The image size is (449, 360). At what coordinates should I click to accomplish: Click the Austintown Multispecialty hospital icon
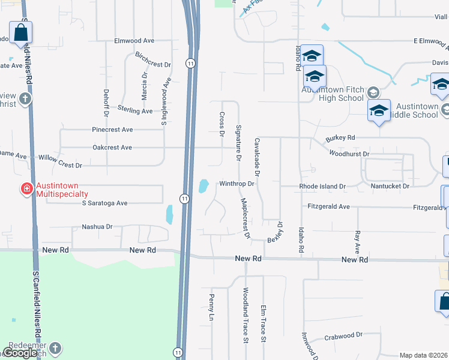[27, 190]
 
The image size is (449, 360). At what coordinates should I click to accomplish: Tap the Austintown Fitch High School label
[333, 94]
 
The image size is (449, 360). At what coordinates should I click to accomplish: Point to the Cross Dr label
[221, 124]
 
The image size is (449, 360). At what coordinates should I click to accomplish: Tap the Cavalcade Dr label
[256, 155]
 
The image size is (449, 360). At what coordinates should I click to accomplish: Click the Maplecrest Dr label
[245, 218]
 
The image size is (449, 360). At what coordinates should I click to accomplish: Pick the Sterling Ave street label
[135, 111]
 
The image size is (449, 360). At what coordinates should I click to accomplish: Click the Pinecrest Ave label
[112, 130]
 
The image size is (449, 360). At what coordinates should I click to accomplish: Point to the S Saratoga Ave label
[105, 203]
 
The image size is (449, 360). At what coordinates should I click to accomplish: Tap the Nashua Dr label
[97, 227]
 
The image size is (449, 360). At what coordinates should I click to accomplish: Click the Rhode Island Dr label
[323, 187]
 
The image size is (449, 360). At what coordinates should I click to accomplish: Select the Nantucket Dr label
[389, 187]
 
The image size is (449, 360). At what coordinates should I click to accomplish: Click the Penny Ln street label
[211, 306]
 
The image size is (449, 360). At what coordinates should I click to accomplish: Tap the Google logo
[20, 353]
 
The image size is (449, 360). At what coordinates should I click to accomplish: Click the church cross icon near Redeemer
[55, 349]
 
